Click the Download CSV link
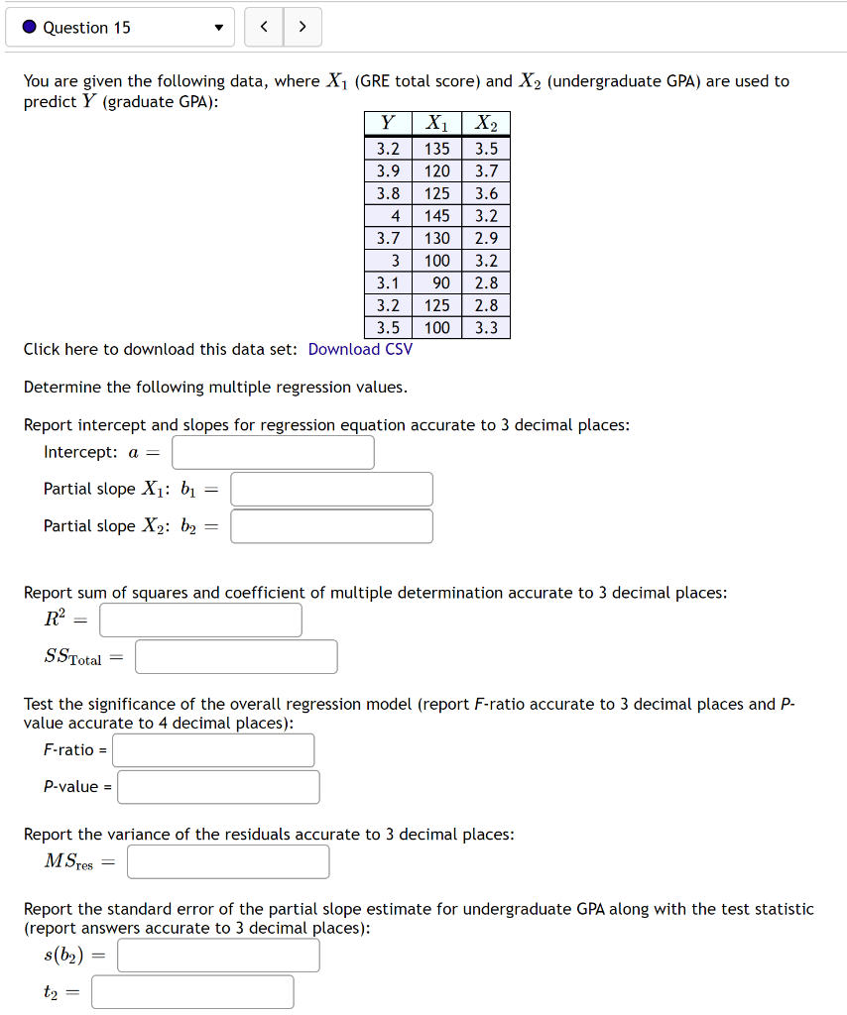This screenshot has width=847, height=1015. click(x=360, y=349)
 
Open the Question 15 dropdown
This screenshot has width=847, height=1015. click(x=120, y=28)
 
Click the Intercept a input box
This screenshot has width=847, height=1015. click(x=273, y=452)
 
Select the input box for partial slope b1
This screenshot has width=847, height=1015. click(x=331, y=489)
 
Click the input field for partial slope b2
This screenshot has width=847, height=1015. click(x=331, y=526)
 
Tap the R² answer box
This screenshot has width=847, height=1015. click(x=200, y=620)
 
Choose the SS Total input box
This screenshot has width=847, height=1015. click(x=236, y=656)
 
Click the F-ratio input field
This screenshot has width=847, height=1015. click(x=213, y=749)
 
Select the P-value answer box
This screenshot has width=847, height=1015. click(x=218, y=787)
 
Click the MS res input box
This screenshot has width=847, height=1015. click(x=228, y=861)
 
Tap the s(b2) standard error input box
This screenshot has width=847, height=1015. click(x=218, y=956)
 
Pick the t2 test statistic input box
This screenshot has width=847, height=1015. click(x=192, y=991)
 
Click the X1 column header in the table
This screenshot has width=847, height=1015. click(x=436, y=124)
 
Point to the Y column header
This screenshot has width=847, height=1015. click(x=388, y=124)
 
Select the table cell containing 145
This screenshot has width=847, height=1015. click(x=436, y=215)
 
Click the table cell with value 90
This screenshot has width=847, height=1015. click(x=436, y=282)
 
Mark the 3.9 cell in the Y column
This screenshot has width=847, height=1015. click(x=388, y=170)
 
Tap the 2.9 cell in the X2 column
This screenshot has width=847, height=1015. click(x=486, y=238)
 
